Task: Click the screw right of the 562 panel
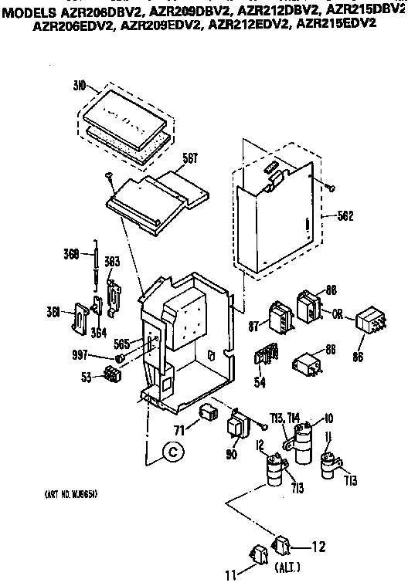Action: (331, 186)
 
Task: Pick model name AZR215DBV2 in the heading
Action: (367, 9)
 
